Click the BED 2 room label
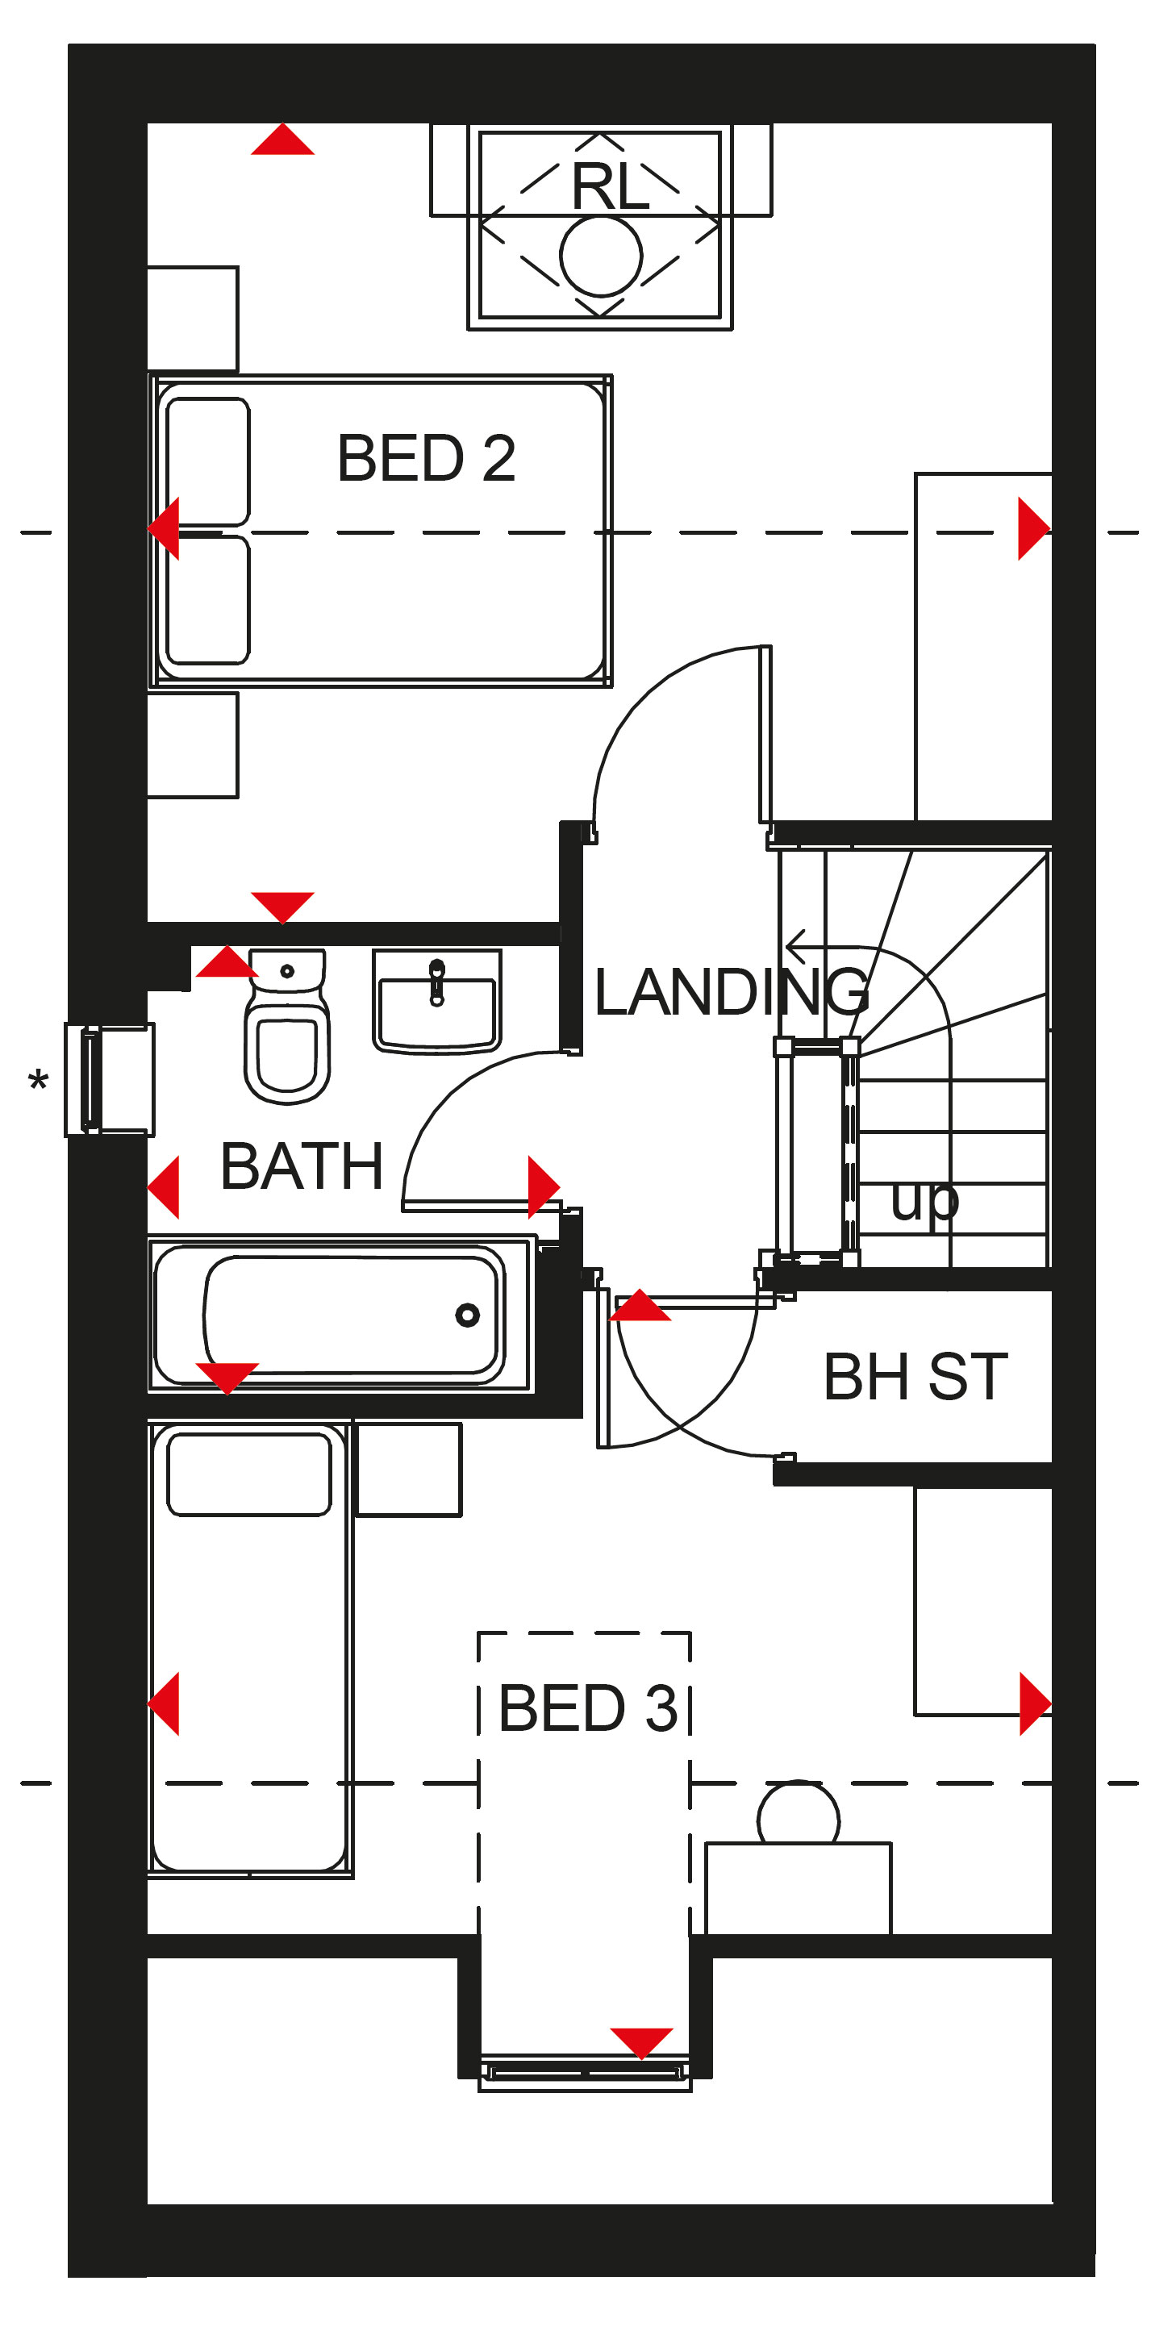(426, 458)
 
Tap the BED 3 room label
(588, 1707)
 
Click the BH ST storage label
(915, 1377)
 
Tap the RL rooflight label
(610, 187)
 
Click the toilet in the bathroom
(286, 1026)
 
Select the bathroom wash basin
(437, 1001)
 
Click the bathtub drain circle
(468, 1315)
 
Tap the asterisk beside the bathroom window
(38, 1081)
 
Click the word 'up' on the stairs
(924, 1202)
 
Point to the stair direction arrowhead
(796, 947)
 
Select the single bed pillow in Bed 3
(249, 1474)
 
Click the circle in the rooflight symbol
(601, 256)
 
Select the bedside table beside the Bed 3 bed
(409, 1470)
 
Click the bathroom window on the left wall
(109, 1079)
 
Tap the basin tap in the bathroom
(437, 982)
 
